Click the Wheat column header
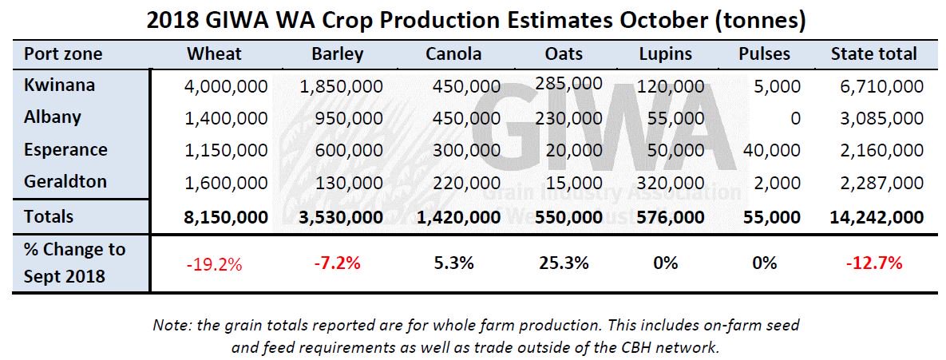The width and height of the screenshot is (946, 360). point(214,54)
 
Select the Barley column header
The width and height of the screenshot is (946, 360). point(338,54)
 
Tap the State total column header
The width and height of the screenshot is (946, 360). point(873,54)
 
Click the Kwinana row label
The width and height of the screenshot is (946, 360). point(60,85)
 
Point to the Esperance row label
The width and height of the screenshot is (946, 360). point(65,149)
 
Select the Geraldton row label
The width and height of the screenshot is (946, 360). point(66,181)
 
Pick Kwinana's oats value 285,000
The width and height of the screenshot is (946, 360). point(569,82)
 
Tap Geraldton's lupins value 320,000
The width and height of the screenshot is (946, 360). point(671,183)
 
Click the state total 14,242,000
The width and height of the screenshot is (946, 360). point(876,216)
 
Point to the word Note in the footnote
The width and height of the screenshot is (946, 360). point(168,326)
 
